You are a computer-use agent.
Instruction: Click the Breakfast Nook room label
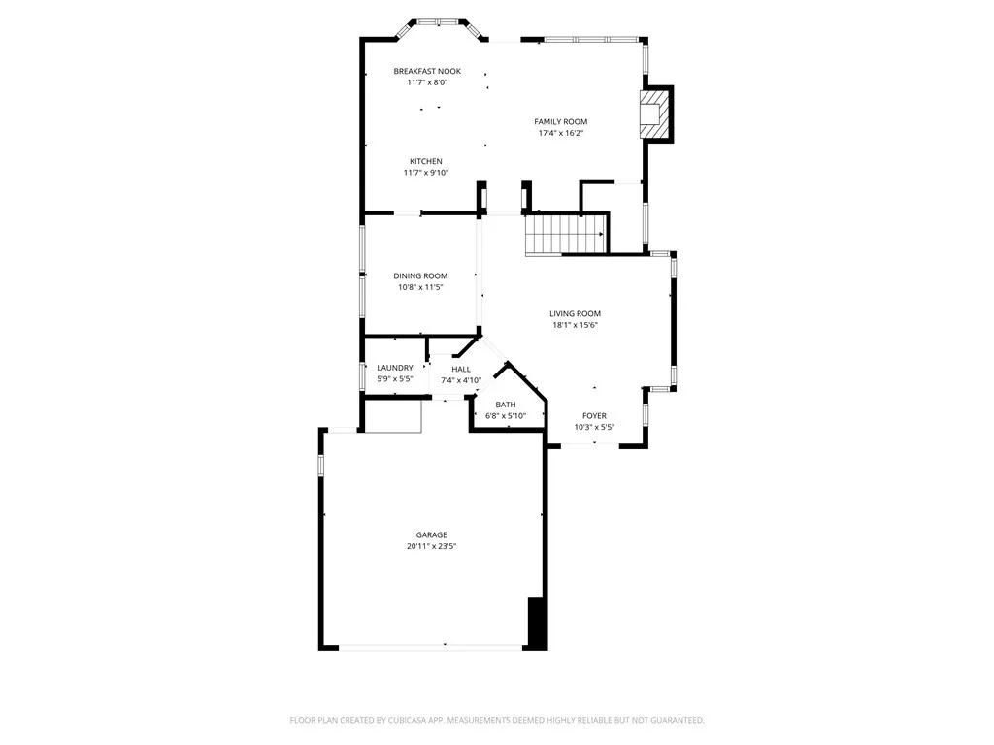click(x=426, y=71)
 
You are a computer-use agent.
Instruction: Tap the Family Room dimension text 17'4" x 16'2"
click(x=561, y=133)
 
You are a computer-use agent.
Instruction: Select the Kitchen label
click(x=425, y=161)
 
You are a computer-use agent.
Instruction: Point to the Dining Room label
click(x=420, y=276)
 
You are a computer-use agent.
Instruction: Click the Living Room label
click(x=575, y=313)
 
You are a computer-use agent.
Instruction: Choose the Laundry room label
click(x=395, y=368)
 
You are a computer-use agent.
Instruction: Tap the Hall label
click(x=461, y=369)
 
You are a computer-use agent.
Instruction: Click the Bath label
click(x=506, y=405)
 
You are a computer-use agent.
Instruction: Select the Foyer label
click(x=594, y=415)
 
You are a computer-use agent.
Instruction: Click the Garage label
click(x=432, y=534)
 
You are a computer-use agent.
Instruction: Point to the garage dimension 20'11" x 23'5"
click(x=432, y=546)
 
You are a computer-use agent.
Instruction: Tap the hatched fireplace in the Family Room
click(x=654, y=113)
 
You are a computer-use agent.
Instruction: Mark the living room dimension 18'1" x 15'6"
click(x=575, y=325)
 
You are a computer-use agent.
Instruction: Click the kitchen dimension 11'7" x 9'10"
click(x=425, y=173)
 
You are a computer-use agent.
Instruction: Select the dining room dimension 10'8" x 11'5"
click(x=420, y=288)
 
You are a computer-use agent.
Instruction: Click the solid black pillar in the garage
click(x=537, y=623)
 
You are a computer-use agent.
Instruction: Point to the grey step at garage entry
click(x=392, y=418)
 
